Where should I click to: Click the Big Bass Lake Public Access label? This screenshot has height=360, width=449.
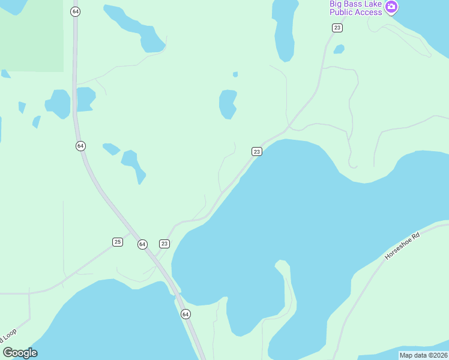coord(355,8)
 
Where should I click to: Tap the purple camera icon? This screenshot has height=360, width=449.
coord(391,7)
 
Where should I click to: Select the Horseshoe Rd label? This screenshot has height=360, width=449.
coord(402,246)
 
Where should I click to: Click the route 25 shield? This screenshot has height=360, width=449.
coord(118,242)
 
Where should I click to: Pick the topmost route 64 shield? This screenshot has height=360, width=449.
coord(75,12)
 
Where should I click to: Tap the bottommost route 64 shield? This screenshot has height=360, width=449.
coord(185,314)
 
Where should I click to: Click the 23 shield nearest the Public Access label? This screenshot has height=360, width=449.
coord(337,28)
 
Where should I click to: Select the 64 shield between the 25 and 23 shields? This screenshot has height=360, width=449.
coord(142,244)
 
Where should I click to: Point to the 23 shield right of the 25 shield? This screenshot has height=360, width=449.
coord(164,244)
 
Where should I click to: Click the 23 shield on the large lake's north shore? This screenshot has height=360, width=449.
coord(257,152)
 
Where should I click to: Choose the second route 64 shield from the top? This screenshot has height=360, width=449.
coord(81,146)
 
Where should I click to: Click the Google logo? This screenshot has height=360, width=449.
coord(20,353)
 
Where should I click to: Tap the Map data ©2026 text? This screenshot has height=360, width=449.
coord(423,355)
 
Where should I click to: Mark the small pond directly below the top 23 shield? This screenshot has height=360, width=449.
coord(339,49)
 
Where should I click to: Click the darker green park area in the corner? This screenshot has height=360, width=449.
coord(30,33)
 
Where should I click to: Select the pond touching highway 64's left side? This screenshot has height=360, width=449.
coord(59,103)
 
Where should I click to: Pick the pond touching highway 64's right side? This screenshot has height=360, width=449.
coord(85,98)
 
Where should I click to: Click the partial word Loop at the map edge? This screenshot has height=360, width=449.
coord(10,338)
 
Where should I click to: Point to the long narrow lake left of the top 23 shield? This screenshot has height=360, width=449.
coord(284,30)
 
